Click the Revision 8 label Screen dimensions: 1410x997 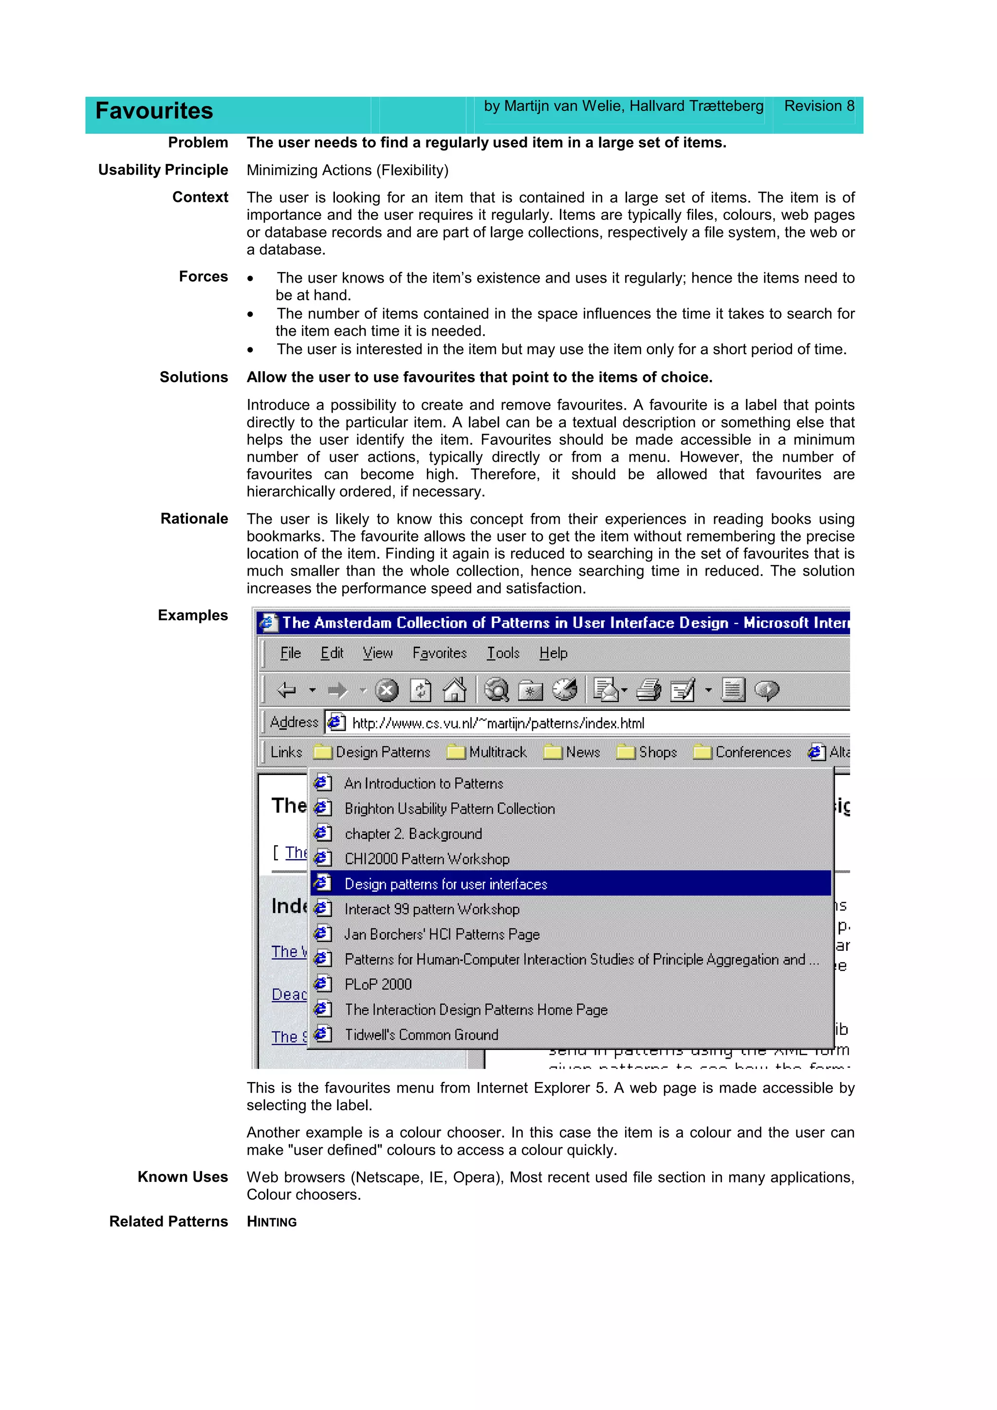click(x=818, y=106)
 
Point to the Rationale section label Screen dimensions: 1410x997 click(x=194, y=519)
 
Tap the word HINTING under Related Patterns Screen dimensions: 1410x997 click(x=272, y=1222)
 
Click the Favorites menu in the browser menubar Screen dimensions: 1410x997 click(x=439, y=653)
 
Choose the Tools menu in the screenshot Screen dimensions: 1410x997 click(x=503, y=653)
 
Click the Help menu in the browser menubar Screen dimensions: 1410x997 click(x=553, y=653)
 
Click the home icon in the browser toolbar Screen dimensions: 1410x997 click(x=455, y=689)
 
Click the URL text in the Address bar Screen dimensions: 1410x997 click(x=498, y=723)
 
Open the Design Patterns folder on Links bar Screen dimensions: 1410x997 click(x=372, y=752)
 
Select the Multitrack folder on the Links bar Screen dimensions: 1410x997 click(x=487, y=752)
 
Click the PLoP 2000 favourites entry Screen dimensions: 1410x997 click(x=378, y=984)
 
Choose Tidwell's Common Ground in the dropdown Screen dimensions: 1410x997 click(x=421, y=1035)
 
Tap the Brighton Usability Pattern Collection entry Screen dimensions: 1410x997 click(x=449, y=809)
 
